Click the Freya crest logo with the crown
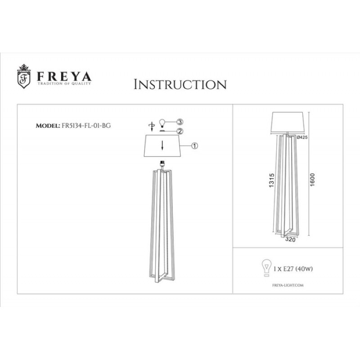24,76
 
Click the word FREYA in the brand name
64,76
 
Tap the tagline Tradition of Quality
64,84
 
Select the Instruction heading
180,85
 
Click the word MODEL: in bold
48,126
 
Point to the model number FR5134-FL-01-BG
86,126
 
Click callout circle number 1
194,146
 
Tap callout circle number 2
180,131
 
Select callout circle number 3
180,121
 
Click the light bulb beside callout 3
162,123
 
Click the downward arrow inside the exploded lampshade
162,145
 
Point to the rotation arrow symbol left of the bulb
152,127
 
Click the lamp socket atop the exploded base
162,164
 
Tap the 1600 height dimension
312,180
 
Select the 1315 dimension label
272,180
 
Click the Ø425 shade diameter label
302,137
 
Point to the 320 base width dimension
290,239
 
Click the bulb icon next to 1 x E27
266,268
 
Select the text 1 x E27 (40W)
293,269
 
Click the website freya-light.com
288,285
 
